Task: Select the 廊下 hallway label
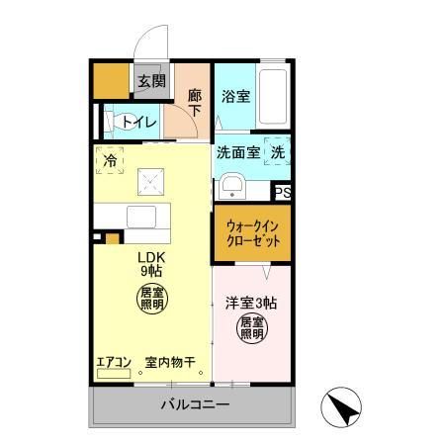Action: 195,102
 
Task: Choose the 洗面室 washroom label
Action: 237,153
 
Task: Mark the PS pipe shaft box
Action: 283,193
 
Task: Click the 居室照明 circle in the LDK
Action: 151,299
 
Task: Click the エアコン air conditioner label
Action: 112,362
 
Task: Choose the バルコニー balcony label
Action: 195,405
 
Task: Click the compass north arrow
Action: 339,405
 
